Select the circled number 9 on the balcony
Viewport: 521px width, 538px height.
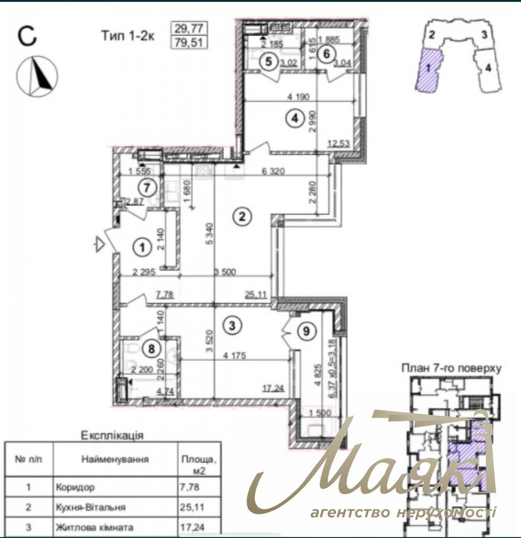click(x=306, y=331)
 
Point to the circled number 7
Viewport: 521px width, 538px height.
click(x=147, y=188)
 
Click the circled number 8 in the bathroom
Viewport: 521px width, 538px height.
click(x=151, y=349)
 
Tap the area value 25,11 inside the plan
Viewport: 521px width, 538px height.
click(x=256, y=294)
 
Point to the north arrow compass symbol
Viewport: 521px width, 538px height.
click(x=37, y=76)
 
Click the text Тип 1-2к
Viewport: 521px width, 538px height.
click(x=128, y=36)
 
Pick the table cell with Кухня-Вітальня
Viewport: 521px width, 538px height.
click(x=91, y=507)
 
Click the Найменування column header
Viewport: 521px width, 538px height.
click(x=115, y=459)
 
